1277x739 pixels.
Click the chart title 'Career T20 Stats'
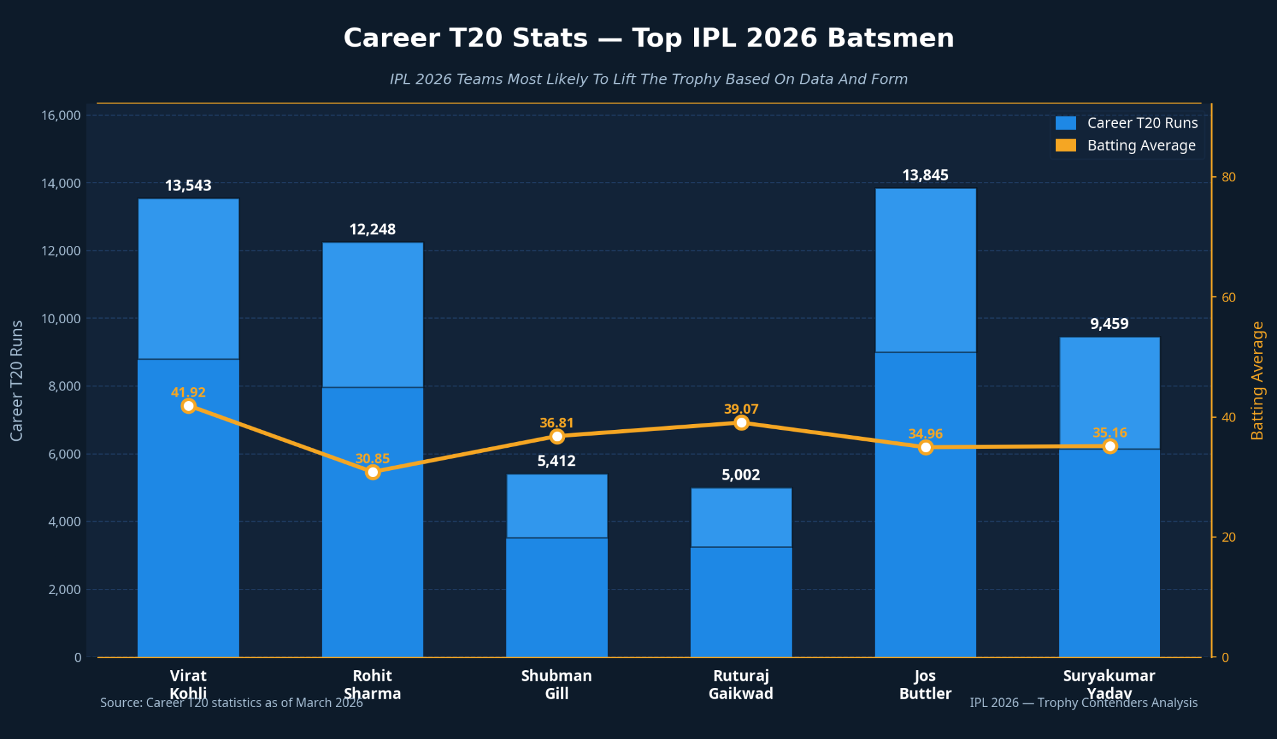coord(648,38)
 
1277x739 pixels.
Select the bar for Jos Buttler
coord(925,422)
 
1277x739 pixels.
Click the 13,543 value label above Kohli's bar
coord(188,186)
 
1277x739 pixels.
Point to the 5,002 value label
coord(741,475)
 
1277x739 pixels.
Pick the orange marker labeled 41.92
coord(188,406)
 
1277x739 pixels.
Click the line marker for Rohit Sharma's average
coord(373,473)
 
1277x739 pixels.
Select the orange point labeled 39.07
coord(741,423)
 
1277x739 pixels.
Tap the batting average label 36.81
coord(557,423)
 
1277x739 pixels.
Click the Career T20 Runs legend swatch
coord(1066,123)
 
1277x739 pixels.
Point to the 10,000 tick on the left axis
coord(61,319)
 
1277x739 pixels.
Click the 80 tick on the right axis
coord(1228,178)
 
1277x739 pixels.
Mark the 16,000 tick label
coord(61,116)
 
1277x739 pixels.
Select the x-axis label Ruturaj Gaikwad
coord(741,685)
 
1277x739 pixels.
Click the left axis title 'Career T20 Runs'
coord(17,380)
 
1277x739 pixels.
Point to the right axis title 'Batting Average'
coord(1257,380)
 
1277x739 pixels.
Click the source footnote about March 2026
coord(231,703)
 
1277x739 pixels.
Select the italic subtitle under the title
coord(648,79)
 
